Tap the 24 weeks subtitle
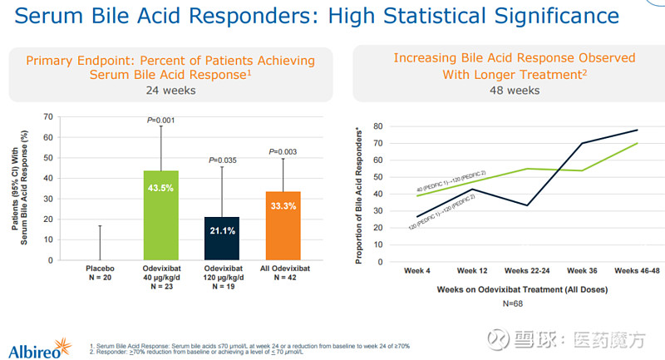[x=170, y=91]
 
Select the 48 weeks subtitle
[x=514, y=90]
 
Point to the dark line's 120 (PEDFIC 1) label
[x=436, y=215]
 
